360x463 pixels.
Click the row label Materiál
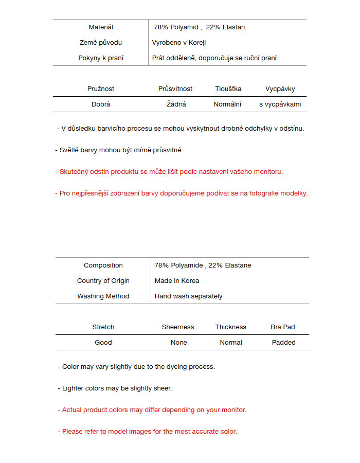101,27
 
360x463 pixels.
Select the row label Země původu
101,43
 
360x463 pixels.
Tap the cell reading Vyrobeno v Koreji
179,43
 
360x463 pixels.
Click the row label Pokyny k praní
101,58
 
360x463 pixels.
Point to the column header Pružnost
101,89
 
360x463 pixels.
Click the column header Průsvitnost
175,89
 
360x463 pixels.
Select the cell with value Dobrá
101,104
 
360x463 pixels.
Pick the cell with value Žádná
176,104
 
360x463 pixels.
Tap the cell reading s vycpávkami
280,104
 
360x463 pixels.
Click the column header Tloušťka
228,89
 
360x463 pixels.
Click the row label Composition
103,265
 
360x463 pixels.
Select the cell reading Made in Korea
177,281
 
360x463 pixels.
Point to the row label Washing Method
103,296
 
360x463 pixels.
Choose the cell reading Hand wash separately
189,296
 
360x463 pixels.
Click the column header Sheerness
178,327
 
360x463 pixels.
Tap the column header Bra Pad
283,327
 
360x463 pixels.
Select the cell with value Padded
284,343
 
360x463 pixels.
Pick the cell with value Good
103,343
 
